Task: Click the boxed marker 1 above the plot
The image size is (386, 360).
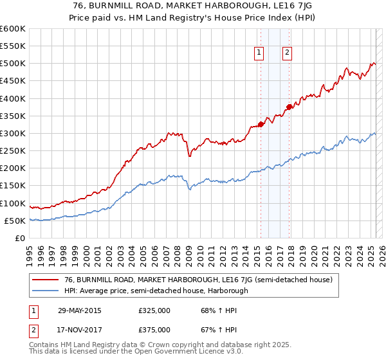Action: pyautogui.click(x=259, y=53)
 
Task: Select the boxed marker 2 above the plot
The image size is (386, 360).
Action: pyautogui.click(x=287, y=53)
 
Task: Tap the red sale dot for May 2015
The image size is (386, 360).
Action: pyautogui.click(x=261, y=124)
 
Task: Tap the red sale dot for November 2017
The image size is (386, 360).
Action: pyautogui.click(x=289, y=107)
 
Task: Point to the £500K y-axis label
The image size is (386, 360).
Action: pyautogui.click(x=13, y=64)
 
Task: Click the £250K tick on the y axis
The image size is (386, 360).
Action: pyautogui.click(x=13, y=150)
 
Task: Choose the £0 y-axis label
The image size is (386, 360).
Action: pyautogui.click(x=20, y=238)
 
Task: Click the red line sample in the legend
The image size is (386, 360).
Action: pyautogui.click(x=46, y=280)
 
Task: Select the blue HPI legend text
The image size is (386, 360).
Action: pyautogui.click(x=156, y=291)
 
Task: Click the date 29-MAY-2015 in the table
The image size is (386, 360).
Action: pyautogui.click(x=80, y=310)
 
